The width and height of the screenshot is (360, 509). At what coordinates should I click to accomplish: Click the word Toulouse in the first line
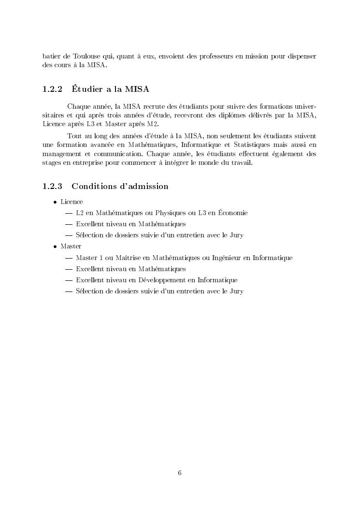(x=86, y=57)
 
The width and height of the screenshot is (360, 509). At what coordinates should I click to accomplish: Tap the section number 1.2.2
(x=52, y=89)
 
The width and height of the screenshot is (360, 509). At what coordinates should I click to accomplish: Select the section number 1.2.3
(x=52, y=186)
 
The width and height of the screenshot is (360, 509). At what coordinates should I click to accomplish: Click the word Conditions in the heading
(x=94, y=186)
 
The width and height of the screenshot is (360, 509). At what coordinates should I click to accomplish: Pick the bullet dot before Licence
(x=56, y=202)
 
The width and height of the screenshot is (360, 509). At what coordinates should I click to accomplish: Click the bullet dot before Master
(x=56, y=247)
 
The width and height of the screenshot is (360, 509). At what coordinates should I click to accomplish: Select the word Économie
(x=233, y=213)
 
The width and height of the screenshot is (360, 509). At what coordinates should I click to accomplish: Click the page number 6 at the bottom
(x=180, y=473)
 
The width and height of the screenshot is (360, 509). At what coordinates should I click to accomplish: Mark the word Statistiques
(x=253, y=145)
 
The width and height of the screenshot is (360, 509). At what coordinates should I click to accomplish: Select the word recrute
(x=149, y=106)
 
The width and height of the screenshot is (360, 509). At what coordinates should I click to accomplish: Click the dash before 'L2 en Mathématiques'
(x=68, y=213)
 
